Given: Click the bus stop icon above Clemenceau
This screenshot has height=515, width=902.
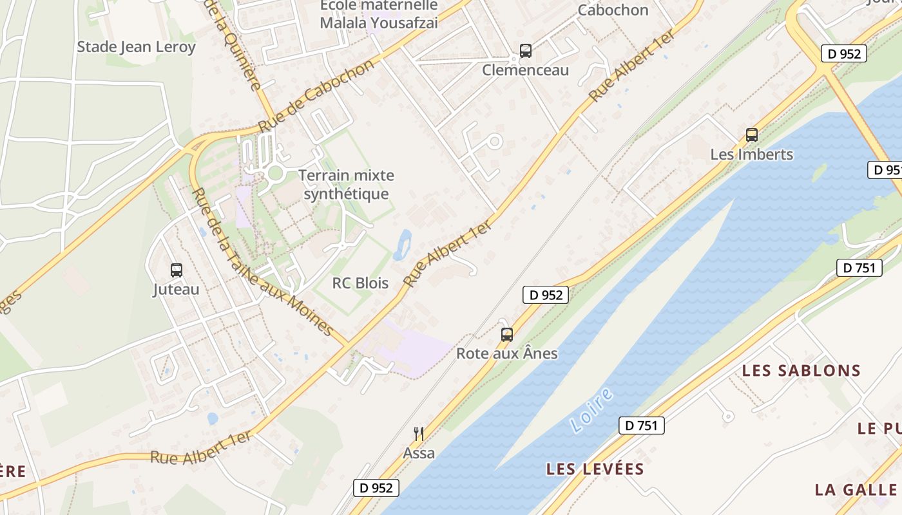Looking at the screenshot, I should pos(526,51).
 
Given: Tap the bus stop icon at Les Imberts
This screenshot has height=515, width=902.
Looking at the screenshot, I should pos(751,135).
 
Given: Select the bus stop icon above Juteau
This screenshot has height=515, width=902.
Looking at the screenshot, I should pos(176,270).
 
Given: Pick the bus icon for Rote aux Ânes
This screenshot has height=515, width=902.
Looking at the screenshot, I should pos(507,335).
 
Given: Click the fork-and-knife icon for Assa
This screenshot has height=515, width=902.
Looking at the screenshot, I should pos(419,433).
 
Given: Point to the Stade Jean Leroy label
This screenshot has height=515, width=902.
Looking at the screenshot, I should pos(136,47).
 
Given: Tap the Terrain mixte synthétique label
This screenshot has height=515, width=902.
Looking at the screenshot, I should pos(346,185).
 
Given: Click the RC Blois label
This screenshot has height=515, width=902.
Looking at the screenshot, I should pos(360,283).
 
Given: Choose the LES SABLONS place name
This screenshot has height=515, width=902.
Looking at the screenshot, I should pos(801,371).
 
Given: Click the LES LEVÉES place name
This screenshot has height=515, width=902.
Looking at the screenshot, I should pos(595,469).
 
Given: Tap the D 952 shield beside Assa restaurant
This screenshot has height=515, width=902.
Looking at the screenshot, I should pos(376,488).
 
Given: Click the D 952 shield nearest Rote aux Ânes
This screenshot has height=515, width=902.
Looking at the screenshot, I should pos(545,295).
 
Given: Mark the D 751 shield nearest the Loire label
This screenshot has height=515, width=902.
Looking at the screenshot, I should pos(641,425).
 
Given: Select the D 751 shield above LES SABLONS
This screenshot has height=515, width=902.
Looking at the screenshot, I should pos(859,268).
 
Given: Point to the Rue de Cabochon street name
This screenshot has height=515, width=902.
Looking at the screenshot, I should pos(316,96).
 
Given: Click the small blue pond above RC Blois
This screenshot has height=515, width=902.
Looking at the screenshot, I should pos(403,244).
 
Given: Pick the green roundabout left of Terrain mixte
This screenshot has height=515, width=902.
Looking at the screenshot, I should pos(276,173).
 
